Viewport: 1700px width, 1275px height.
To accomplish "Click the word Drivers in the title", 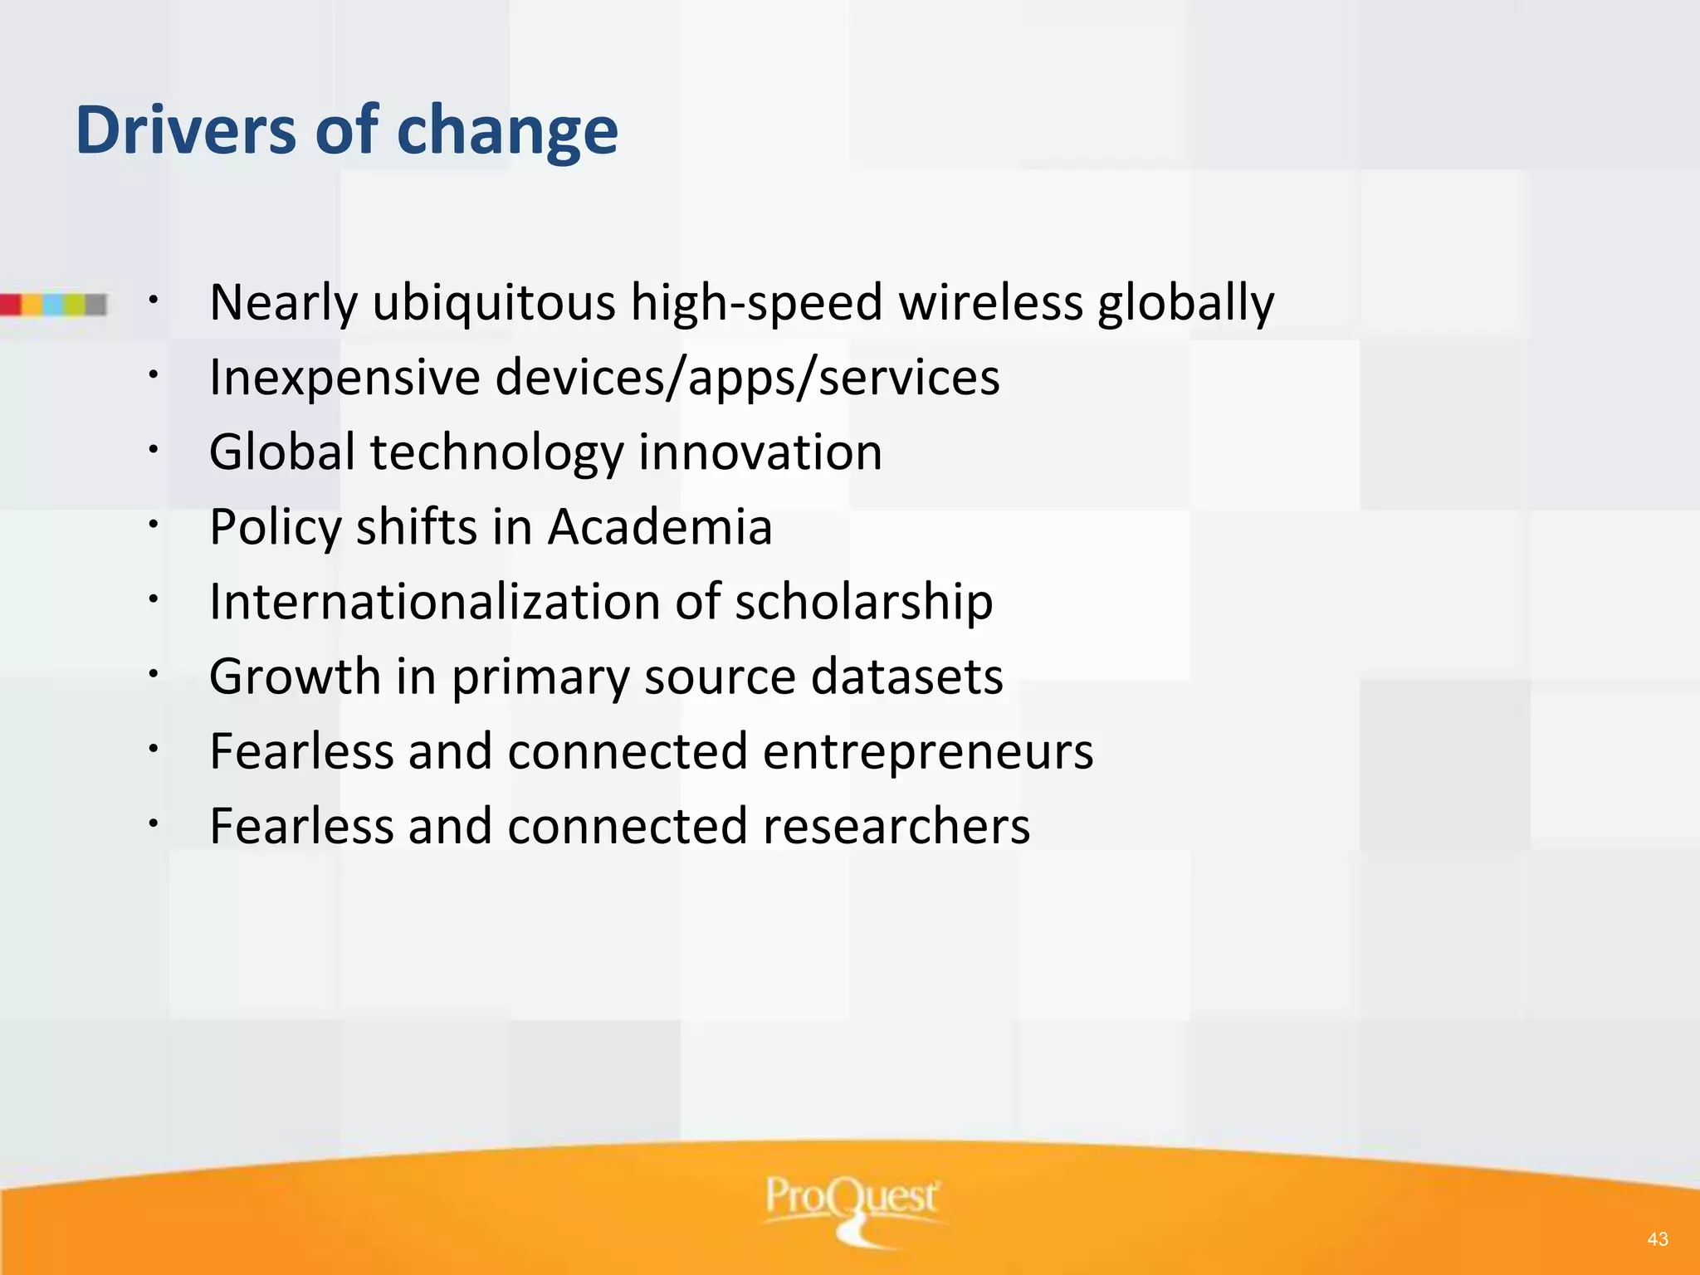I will click(x=185, y=130).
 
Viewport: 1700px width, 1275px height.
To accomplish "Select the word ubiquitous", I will click(x=493, y=302).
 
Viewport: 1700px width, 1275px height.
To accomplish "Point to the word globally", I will click(x=1185, y=304).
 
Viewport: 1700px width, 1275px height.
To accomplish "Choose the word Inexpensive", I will click(x=344, y=379).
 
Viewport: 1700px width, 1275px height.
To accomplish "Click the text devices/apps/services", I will click(x=747, y=379).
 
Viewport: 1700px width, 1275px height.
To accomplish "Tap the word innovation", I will click(x=760, y=452).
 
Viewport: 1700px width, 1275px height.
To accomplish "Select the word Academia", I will click(x=660, y=527).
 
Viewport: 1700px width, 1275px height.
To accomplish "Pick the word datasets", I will click(x=906, y=677).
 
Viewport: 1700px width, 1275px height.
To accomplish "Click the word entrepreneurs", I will click(x=927, y=752).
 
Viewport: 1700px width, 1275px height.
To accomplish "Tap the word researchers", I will click(x=896, y=827).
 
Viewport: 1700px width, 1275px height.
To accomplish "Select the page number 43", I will click(x=1658, y=1239).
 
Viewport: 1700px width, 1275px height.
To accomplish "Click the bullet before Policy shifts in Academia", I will click(x=154, y=524).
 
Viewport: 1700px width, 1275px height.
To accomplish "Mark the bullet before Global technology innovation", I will click(x=154, y=449).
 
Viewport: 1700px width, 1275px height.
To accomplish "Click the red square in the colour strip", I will click(x=10, y=305).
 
